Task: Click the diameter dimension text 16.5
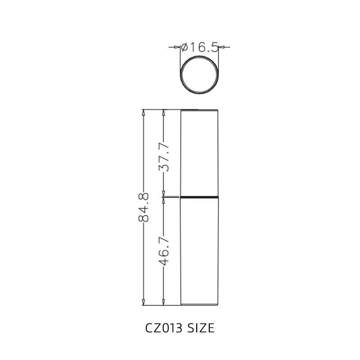coord(204,47)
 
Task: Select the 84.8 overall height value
coord(144,207)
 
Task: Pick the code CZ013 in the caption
coord(163,328)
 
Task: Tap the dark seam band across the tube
coord(199,197)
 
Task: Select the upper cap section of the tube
coord(199,153)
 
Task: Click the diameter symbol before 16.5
coord(184,47)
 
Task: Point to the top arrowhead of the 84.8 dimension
coord(144,112)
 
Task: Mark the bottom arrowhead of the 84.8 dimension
coord(144,302)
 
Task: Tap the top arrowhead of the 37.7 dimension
coord(164,112)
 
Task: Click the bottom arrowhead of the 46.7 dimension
coord(164,302)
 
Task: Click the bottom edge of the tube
coord(199,305)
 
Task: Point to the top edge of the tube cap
coord(199,110)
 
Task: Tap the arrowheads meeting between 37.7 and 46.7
coord(164,197)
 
